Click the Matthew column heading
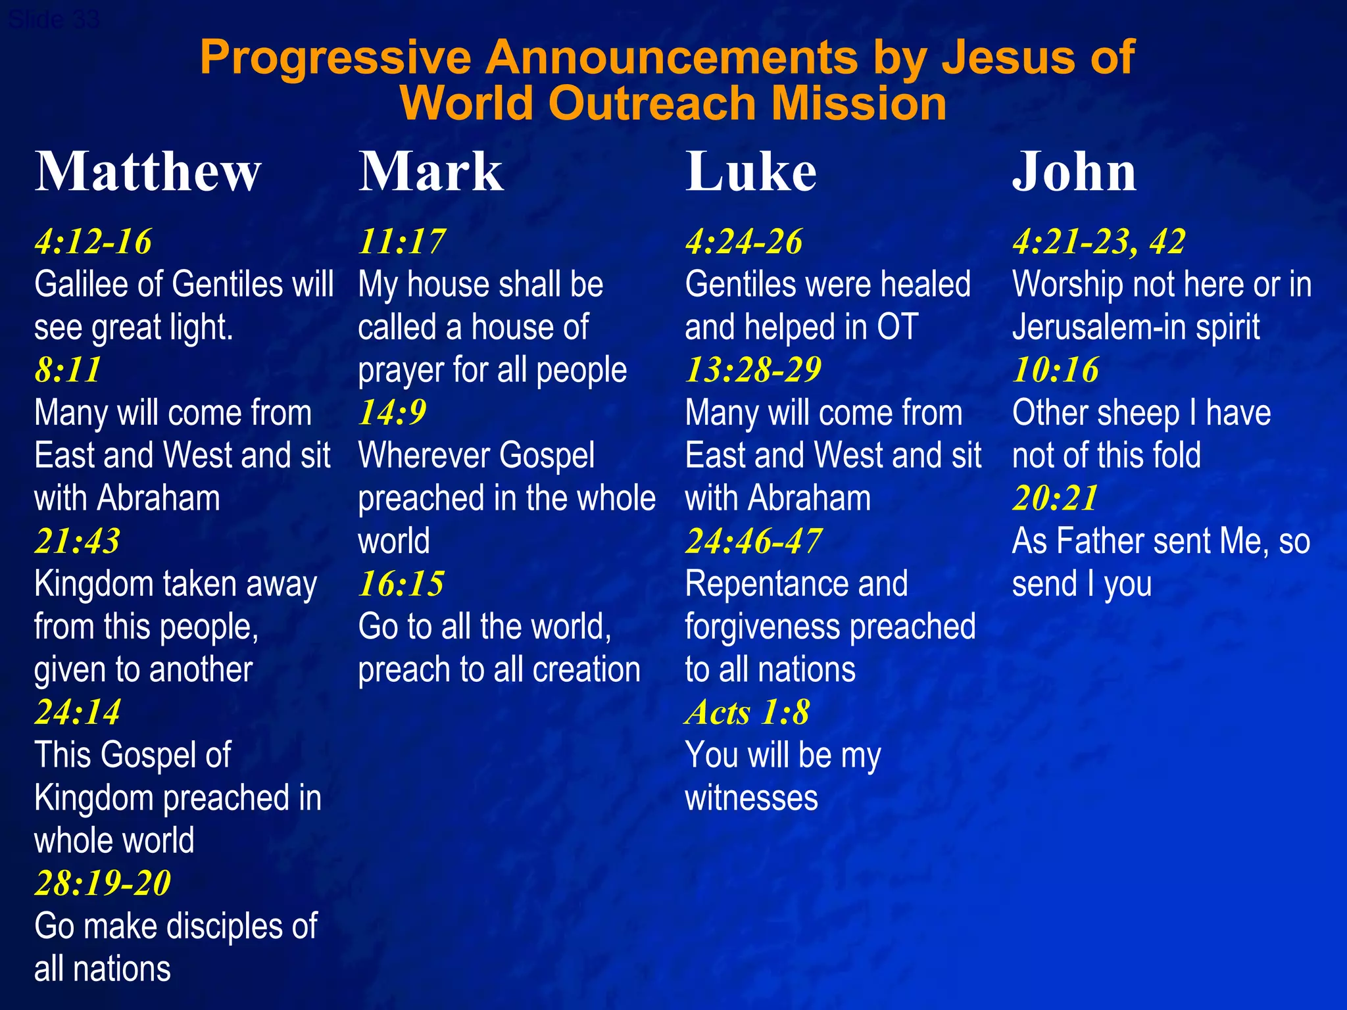click(148, 172)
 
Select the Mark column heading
click(431, 172)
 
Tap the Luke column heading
click(751, 172)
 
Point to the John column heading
click(1074, 172)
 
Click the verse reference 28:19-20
click(103, 882)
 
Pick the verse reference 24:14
click(78, 712)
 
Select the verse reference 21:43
click(78, 541)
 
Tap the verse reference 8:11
click(68, 370)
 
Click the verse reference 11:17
click(402, 241)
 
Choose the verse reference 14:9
click(393, 412)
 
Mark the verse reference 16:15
click(401, 583)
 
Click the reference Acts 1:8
click(747, 712)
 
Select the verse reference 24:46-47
click(753, 541)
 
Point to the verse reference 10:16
click(1056, 370)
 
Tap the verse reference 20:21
click(1056, 498)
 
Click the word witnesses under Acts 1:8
click(751, 798)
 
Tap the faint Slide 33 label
click(54, 20)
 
